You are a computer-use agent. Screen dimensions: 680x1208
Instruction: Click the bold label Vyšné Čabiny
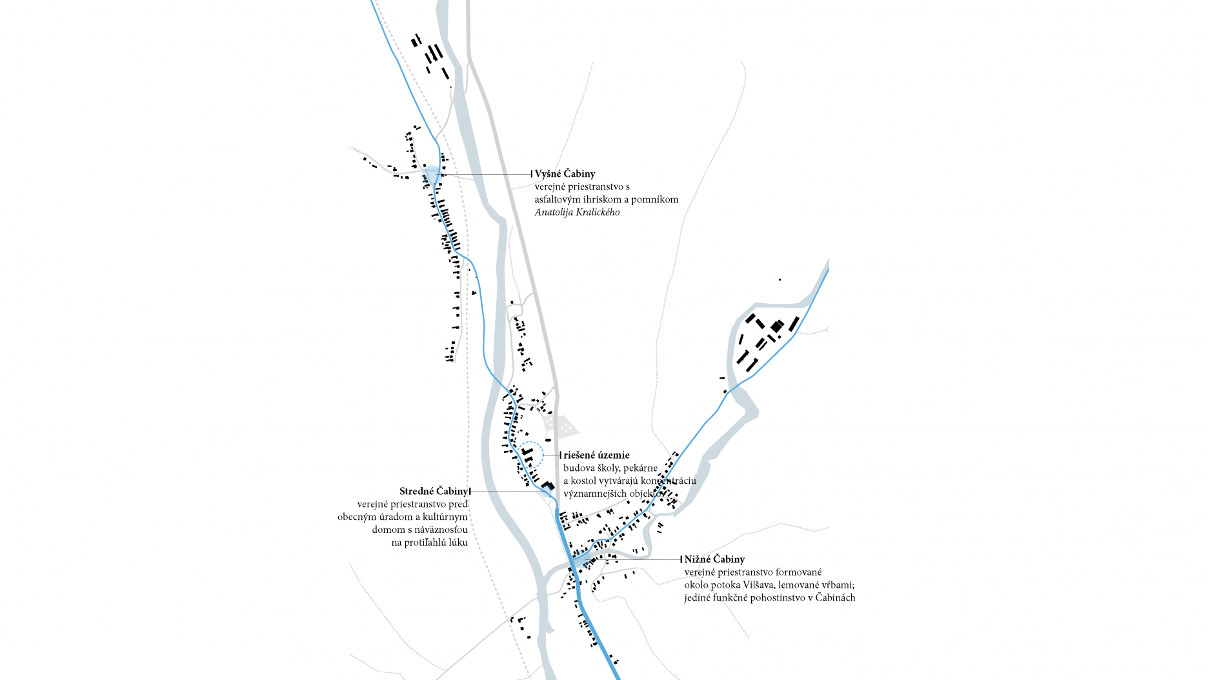click(x=565, y=174)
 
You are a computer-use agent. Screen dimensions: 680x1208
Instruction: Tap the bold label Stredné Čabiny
click(x=433, y=492)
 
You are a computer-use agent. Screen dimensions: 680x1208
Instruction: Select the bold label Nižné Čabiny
click(x=714, y=559)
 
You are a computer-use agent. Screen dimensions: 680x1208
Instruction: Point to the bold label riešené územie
click(x=596, y=455)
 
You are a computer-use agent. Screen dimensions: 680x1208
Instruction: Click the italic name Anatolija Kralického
click(x=577, y=212)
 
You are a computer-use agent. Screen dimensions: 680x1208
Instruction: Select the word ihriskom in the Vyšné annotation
click(x=601, y=199)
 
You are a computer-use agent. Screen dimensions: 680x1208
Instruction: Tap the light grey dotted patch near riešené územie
click(x=561, y=426)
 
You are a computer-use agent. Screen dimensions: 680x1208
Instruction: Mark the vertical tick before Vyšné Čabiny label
click(x=532, y=174)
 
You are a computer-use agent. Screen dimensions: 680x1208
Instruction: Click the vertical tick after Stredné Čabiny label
click(x=470, y=492)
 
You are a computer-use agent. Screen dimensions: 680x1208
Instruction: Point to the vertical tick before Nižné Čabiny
click(x=681, y=559)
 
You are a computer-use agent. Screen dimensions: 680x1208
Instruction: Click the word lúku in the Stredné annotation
click(x=458, y=543)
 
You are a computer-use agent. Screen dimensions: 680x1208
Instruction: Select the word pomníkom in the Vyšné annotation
click(x=655, y=199)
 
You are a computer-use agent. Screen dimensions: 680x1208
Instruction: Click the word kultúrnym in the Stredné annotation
click(x=445, y=517)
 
